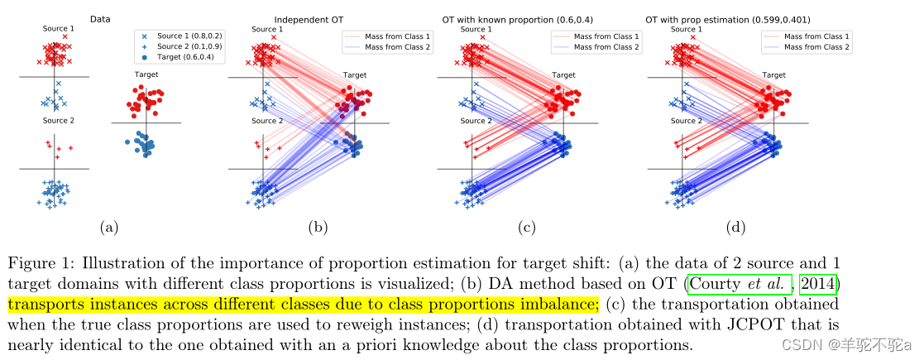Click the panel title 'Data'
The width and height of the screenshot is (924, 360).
(x=101, y=18)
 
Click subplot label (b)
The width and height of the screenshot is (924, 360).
(x=318, y=225)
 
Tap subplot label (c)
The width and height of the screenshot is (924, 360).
(x=526, y=225)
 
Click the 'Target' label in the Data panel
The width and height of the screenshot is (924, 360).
(x=147, y=74)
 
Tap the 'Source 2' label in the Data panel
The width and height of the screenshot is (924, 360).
(x=59, y=121)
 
